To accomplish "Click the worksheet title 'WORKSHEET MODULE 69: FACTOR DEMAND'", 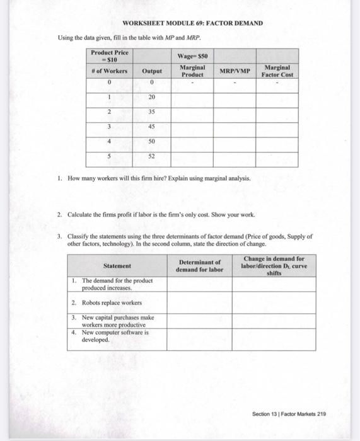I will pyautogui.click(x=183, y=23).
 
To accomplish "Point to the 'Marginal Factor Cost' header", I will pyautogui.click(x=278, y=71).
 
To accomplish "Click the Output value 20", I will pyautogui.click(x=152, y=98).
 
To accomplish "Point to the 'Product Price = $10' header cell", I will pyautogui.click(x=109, y=55).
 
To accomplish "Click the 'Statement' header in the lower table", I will pyautogui.click(x=117, y=266).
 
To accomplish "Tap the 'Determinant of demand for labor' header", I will pyautogui.click(x=200, y=266).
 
